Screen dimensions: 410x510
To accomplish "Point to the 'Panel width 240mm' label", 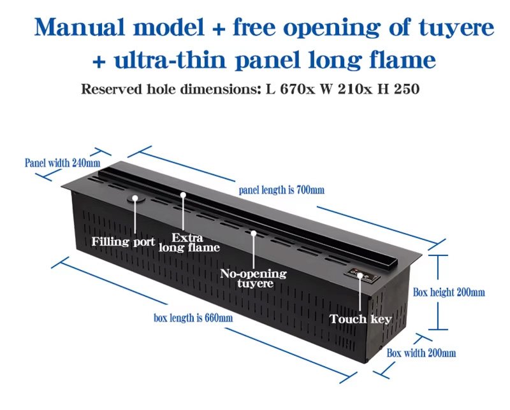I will (62, 162).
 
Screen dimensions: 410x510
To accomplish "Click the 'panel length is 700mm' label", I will (282, 190).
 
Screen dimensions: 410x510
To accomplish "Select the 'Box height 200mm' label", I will (449, 292).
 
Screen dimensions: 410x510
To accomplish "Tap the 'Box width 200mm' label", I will (421, 353).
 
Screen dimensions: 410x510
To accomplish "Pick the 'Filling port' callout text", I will (122, 242).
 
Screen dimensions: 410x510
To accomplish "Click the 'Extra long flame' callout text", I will (189, 243).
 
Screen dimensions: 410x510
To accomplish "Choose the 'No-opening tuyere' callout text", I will (253, 278).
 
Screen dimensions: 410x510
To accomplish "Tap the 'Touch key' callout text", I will (360, 318).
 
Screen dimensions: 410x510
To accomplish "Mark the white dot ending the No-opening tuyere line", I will (253, 233).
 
